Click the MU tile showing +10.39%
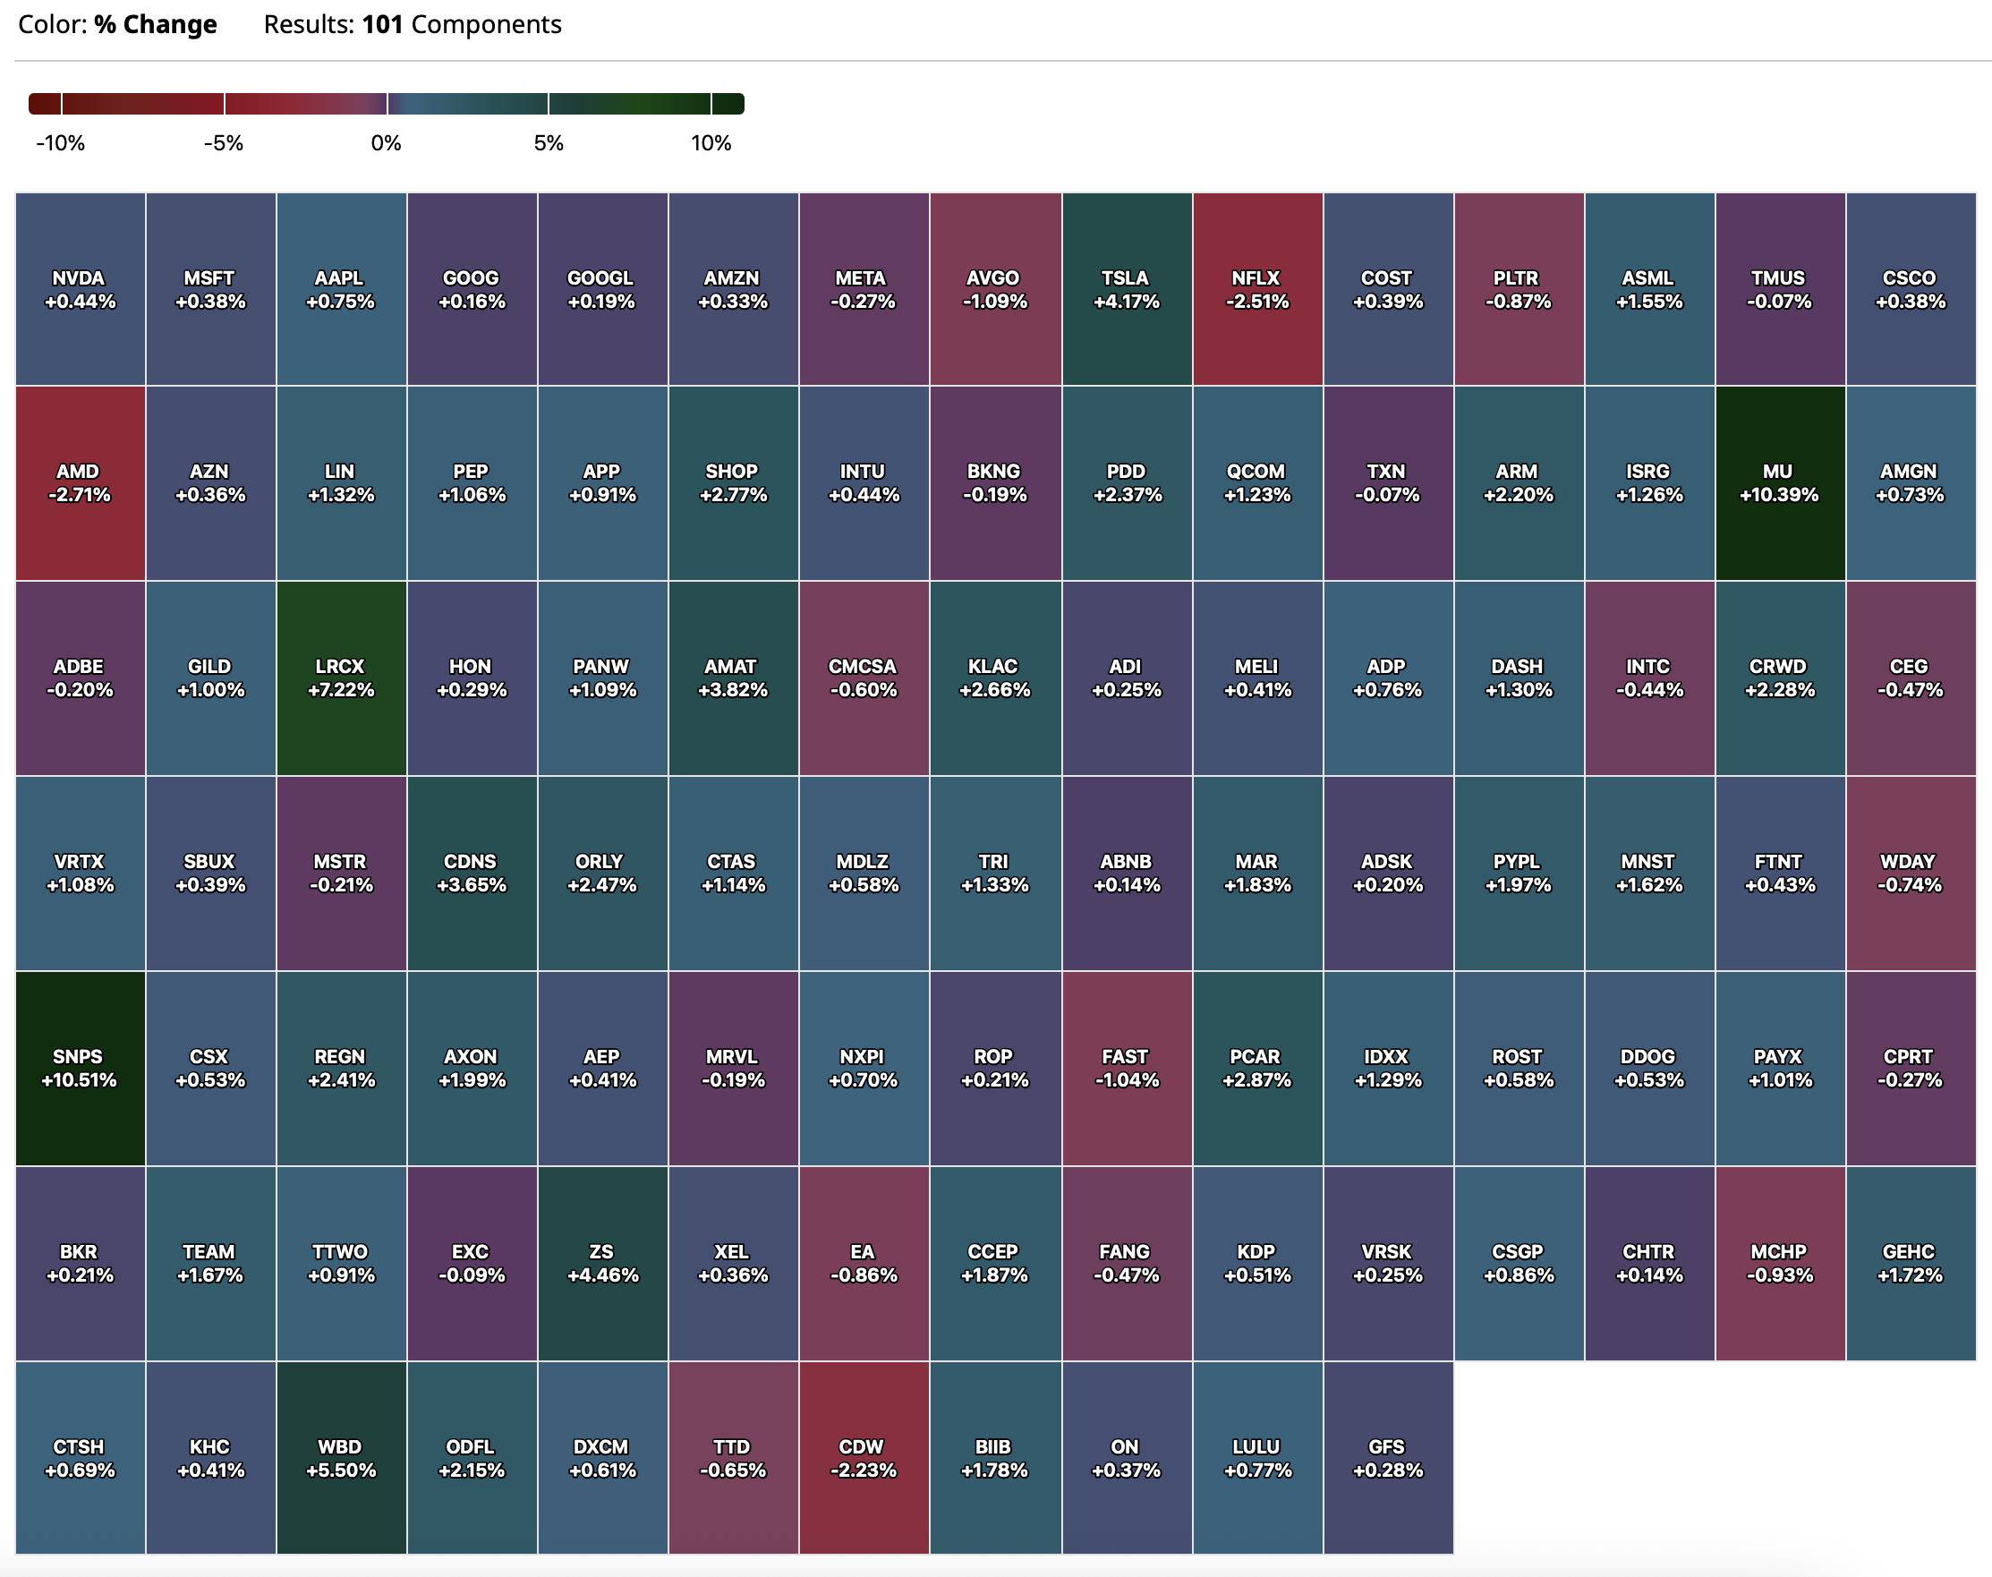click(x=1779, y=483)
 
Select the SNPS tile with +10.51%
click(x=80, y=1069)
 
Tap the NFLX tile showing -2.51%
click(x=1256, y=289)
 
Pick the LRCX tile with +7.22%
click(x=341, y=678)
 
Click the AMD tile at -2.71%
click(x=80, y=483)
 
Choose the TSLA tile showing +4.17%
click(x=1125, y=289)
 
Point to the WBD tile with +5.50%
click(x=341, y=1458)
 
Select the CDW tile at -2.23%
click(x=863, y=1458)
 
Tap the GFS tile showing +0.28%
click(x=1387, y=1458)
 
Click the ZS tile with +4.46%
click(x=602, y=1263)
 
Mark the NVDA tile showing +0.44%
click(x=80, y=289)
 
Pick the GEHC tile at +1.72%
click(x=1910, y=1263)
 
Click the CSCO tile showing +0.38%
click(x=1910, y=289)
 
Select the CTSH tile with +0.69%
click(x=80, y=1458)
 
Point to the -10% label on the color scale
click(x=61, y=143)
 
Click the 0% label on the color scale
click(x=386, y=143)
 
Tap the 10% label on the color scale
click(x=711, y=143)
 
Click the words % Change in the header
click(x=155, y=24)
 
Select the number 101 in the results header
click(x=382, y=24)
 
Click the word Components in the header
click(x=486, y=24)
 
